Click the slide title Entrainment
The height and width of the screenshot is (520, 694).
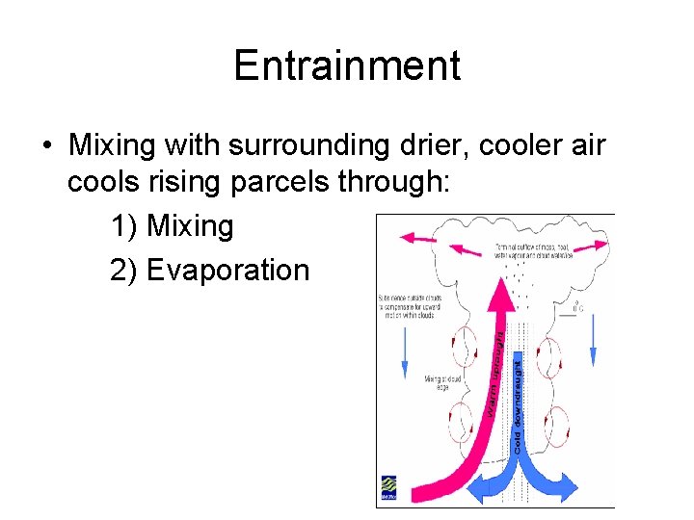pos(347,66)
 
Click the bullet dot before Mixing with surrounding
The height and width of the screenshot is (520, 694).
pos(46,147)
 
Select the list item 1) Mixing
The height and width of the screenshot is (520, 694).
pos(173,227)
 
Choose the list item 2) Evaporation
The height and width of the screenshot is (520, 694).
pos(209,271)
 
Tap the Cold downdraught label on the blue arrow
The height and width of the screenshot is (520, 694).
pos(518,404)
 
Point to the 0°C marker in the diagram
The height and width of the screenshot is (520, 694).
pos(576,308)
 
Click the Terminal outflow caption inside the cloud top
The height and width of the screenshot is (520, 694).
pos(535,251)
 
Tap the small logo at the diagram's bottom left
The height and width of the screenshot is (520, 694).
pos(387,487)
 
